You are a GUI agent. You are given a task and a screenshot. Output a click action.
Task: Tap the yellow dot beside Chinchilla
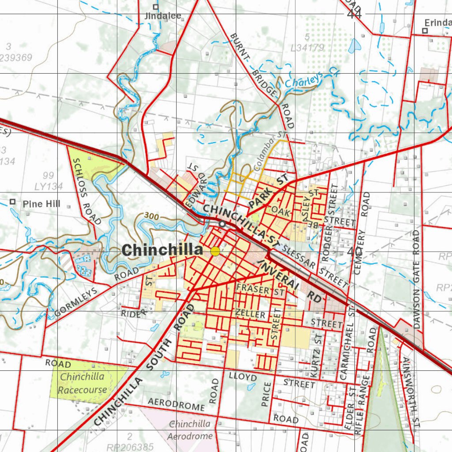click(215, 252)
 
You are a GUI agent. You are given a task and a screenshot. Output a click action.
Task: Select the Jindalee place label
click(163, 16)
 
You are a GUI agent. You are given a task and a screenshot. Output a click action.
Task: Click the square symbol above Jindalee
click(155, 7)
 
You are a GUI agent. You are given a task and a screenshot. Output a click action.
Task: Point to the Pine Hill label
click(41, 204)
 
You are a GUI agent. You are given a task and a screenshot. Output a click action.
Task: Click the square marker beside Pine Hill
click(13, 202)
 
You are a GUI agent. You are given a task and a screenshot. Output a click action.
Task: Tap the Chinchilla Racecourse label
click(83, 383)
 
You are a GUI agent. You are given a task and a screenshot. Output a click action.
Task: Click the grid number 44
click(354, 14)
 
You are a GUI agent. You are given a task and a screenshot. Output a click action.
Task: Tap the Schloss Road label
click(87, 191)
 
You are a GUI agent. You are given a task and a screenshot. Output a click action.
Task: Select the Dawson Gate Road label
click(416, 279)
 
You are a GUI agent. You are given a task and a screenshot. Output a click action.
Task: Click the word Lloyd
click(243, 377)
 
